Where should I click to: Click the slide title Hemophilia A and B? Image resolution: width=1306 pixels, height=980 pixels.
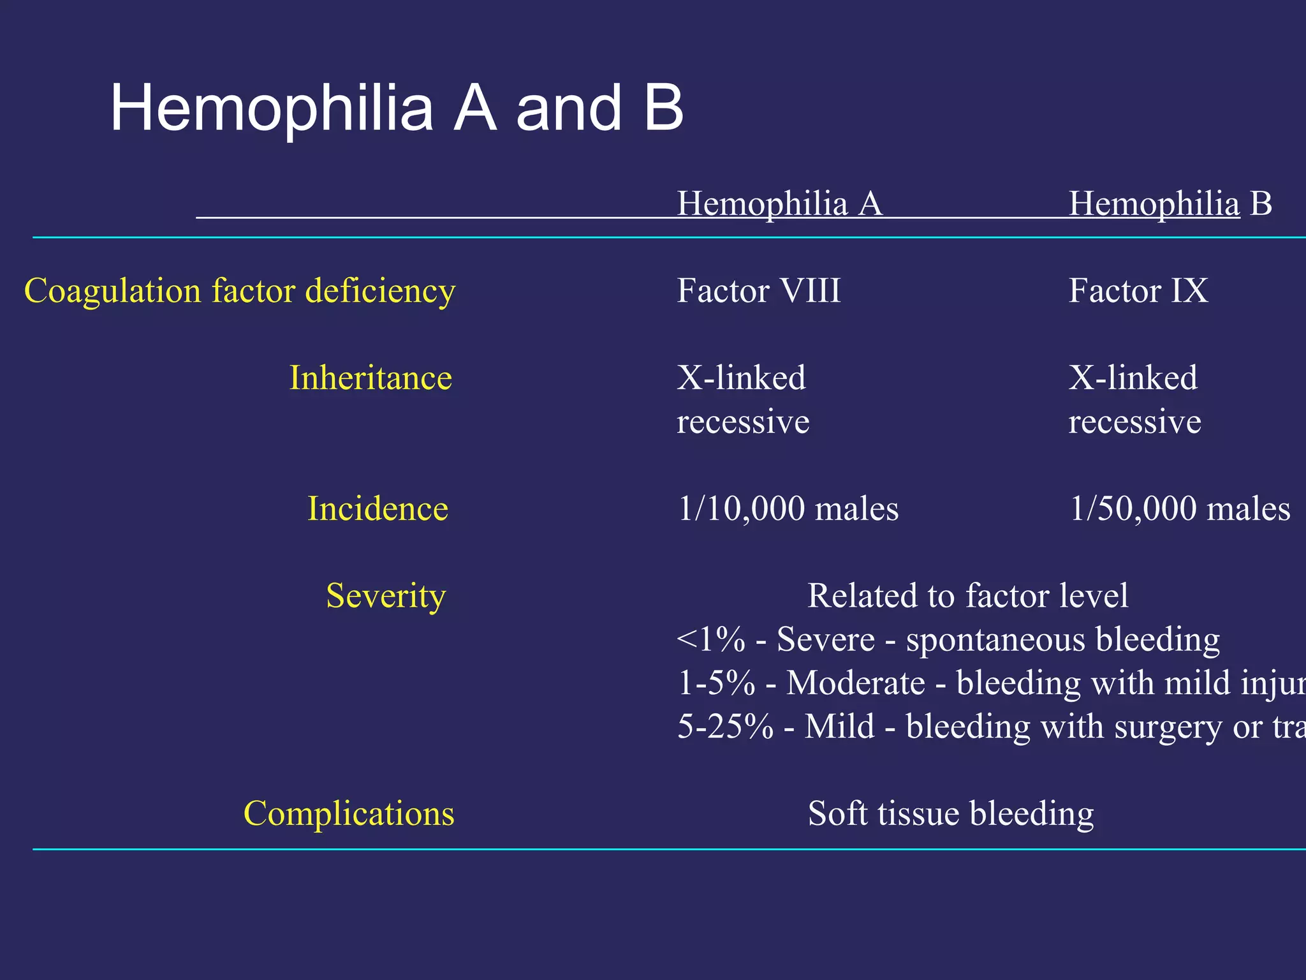tap(397, 108)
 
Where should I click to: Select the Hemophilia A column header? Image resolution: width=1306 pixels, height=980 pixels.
tap(779, 204)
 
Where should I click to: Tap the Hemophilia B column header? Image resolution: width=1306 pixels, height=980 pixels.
tap(1170, 204)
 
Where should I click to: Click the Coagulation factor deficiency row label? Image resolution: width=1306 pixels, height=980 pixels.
tap(240, 291)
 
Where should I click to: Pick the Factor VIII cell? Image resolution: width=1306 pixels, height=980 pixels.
tap(759, 291)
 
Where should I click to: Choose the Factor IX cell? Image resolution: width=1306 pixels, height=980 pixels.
tap(1138, 291)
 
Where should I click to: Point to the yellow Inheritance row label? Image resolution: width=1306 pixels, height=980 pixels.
tap(371, 378)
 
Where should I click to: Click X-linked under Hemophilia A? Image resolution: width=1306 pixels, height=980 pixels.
tap(741, 378)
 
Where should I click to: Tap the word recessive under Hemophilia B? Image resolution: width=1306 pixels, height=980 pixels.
tap(1134, 422)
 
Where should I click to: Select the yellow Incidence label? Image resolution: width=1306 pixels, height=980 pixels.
tap(378, 509)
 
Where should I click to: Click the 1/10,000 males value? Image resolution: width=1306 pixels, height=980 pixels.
tap(788, 509)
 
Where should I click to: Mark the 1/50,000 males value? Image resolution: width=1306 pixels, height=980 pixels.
tap(1180, 509)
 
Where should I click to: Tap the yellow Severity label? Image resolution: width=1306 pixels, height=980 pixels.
tap(386, 596)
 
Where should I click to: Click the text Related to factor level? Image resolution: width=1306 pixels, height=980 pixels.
tap(967, 596)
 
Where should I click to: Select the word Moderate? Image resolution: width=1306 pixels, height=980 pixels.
tap(855, 683)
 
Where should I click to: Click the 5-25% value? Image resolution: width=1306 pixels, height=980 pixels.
tap(725, 727)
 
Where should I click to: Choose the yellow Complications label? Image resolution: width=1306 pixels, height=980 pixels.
tap(349, 814)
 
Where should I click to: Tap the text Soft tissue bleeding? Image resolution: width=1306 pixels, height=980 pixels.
tap(950, 814)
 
